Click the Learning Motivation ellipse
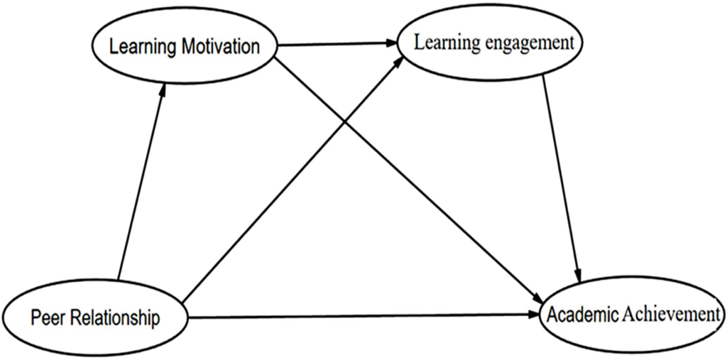pos(184,47)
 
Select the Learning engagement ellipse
pos(494,42)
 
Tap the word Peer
pos(45,317)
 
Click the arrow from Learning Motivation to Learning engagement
pos(334,44)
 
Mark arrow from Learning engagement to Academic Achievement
pos(562,178)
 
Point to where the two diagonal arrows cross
pos(346,124)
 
